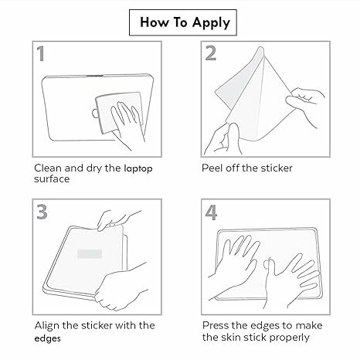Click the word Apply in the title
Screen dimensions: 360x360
[x=211, y=22]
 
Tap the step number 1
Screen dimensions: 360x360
[x=41, y=53]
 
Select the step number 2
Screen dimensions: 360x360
[x=211, y=53]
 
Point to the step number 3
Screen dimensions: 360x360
[x=42, y=212]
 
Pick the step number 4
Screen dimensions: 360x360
[x=211, y=212]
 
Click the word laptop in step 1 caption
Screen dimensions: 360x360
[x=138, y=169]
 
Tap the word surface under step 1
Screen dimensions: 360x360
[x=52, y=179]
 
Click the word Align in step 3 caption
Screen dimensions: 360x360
[x=47, y=326]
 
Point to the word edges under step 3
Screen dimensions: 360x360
[x=48, y=338]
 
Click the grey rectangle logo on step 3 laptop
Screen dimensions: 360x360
[x=90, y=253]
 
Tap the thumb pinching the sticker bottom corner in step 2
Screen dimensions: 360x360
[x=234, y=137]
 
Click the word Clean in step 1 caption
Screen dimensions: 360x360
[x=48, y=168]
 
